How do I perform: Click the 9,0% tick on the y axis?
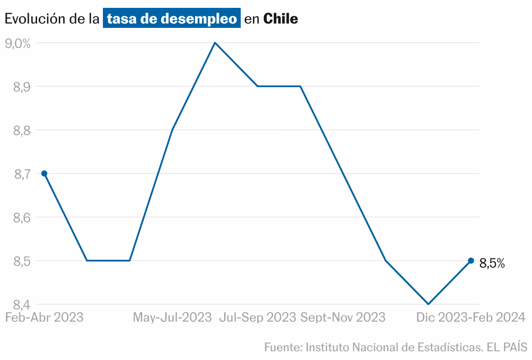pyautogui.click(x=17, y=43)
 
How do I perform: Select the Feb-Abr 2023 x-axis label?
pyautogui.click(x=44, y=317)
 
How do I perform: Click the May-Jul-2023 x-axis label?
pyautogui.click(x=172, y=317)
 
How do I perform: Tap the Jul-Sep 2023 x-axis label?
pyautogui.click(x=258, y=317)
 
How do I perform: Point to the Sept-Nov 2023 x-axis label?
pyautogui.click(x=343, y=317)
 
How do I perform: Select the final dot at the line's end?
pyautogui.click(x=471, y=261)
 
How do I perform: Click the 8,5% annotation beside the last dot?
pyautogui.click(x=492, y=263)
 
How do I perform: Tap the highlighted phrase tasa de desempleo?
pyautogui.click(x=171, y=19)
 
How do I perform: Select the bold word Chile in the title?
pyautogui.click(x=281, y=19)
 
